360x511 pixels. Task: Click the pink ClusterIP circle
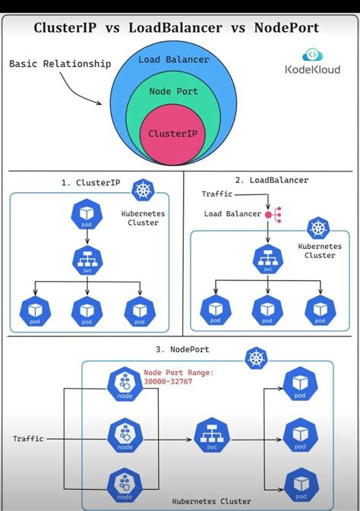(173, 134)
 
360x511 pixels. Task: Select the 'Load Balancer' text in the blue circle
(173, 59)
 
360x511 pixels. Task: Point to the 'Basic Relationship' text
(60, 63)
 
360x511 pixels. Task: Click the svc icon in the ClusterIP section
(87, 260)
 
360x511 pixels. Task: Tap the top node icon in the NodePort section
(122, 384)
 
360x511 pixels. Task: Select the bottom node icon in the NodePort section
(122, 486)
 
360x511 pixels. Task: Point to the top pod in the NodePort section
(299, 384)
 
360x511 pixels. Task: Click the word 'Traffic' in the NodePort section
(28, 439)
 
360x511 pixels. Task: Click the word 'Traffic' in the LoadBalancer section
(217, 194)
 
